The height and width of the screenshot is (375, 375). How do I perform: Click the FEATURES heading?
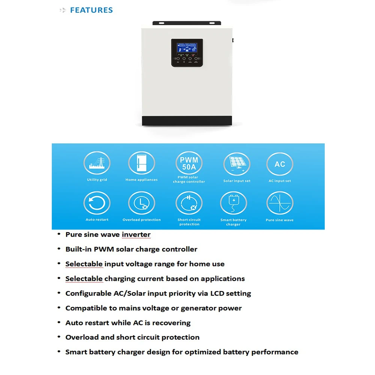[91, 10]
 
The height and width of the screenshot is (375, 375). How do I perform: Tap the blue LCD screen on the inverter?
[187, 48]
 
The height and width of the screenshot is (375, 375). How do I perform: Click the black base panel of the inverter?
[187, 120]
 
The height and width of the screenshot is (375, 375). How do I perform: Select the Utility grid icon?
[97, 163]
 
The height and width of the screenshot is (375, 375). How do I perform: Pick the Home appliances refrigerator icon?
[141, 163]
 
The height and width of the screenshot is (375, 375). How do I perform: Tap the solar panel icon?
[237, 164]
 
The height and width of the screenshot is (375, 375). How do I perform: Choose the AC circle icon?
[280, 164]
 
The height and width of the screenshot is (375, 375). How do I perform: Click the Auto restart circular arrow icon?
[97, 203]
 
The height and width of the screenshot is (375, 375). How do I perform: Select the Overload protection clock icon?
[141, 203]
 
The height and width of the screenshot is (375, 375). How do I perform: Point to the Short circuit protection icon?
[189, 203]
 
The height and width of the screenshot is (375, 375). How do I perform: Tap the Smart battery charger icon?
[233, 204]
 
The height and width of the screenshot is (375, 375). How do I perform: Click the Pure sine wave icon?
[280, 203]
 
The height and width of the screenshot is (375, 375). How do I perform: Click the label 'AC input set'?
[280, 181]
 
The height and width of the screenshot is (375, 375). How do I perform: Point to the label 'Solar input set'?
[237, 181]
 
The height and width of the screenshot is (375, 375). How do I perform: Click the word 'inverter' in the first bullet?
[136, 234]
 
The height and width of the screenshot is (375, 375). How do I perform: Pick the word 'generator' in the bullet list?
[200, 308]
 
